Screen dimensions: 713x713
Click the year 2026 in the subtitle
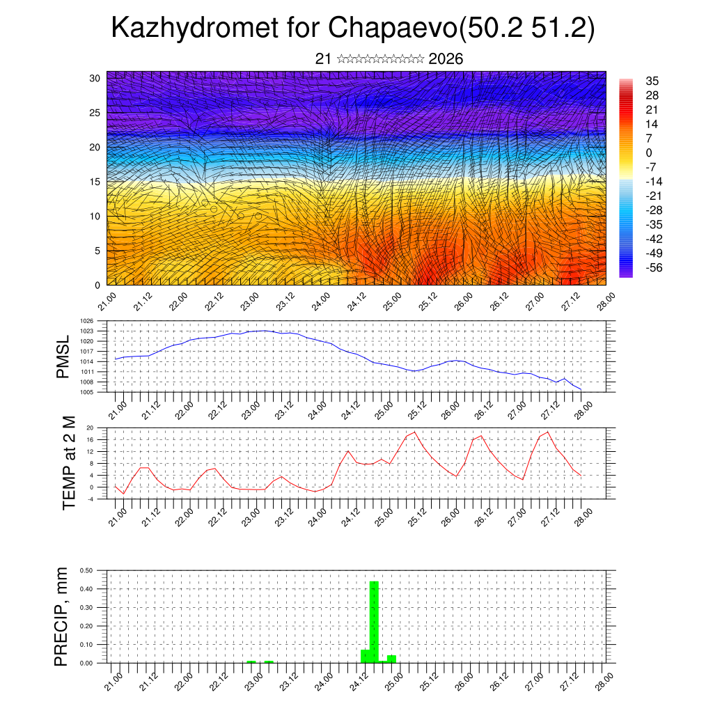pyautogui.click(x=446, y=59)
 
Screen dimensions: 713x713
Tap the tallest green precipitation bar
pyautogui.click(x=374, y=621)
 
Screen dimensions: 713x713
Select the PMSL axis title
pyautogui.click(x=63, y=356)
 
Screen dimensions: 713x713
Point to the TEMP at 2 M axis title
pyautogui.click(x=68, y=462)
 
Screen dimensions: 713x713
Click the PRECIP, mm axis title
pyautogui.click(x=62, y=616)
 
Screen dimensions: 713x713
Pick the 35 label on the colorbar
pyautogui.click(x=652, y=81)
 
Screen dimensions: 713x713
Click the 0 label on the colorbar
pyautogui.click(x=649, y=152)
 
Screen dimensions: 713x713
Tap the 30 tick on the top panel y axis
pyautogui.click(x=95, y=78)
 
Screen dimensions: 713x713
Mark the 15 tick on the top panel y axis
pyautogui.click(x=95, y=182)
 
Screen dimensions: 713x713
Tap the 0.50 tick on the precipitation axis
pyautogui.click(x=86, y=570)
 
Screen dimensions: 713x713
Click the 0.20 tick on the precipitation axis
pyautogui.click(x=86, y=626)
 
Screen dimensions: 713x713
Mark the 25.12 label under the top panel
pyautogui.click(x=426, y=301)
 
